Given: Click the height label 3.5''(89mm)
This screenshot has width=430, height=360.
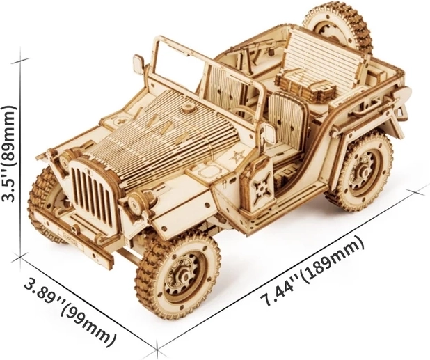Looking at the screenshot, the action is [9, 154].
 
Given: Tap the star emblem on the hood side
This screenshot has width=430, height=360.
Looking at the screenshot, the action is [237, 157].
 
